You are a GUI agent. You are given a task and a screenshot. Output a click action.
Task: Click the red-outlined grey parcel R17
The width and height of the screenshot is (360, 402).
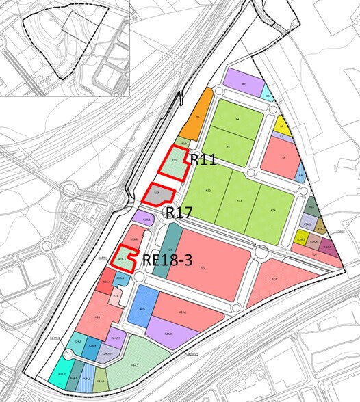coord(157,194)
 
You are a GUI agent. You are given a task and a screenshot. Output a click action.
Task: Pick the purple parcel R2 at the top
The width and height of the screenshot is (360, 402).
coord(244,83)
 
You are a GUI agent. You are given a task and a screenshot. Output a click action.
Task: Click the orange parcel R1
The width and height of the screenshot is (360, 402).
coord(198,117)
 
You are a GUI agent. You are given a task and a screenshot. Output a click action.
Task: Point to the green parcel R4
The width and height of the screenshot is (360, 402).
coord(236,120)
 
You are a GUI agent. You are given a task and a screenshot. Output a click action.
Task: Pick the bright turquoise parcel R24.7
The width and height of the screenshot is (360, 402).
coord(61,373)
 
